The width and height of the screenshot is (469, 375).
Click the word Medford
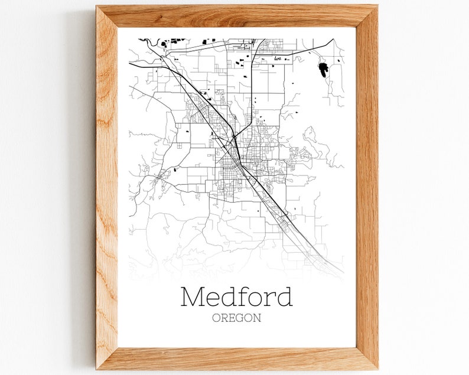(236, 296)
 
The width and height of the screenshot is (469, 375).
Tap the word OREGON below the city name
(236, 318)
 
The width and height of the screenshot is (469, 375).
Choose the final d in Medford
(284, 296)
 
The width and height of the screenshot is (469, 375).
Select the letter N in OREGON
(257, 318)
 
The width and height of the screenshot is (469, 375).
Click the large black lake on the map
(323, 70)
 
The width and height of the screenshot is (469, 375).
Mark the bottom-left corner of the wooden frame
(97, 369)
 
